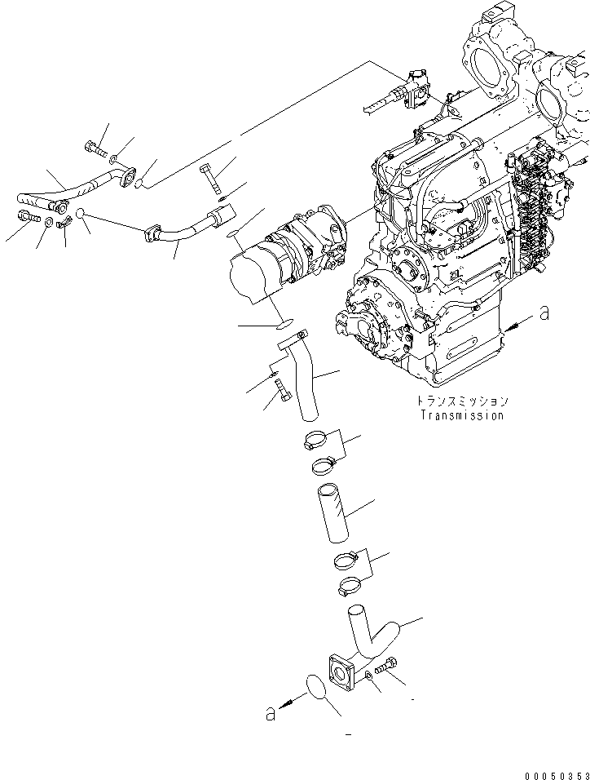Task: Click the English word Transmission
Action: [461, 415]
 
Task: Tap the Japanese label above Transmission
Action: [461, 401]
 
